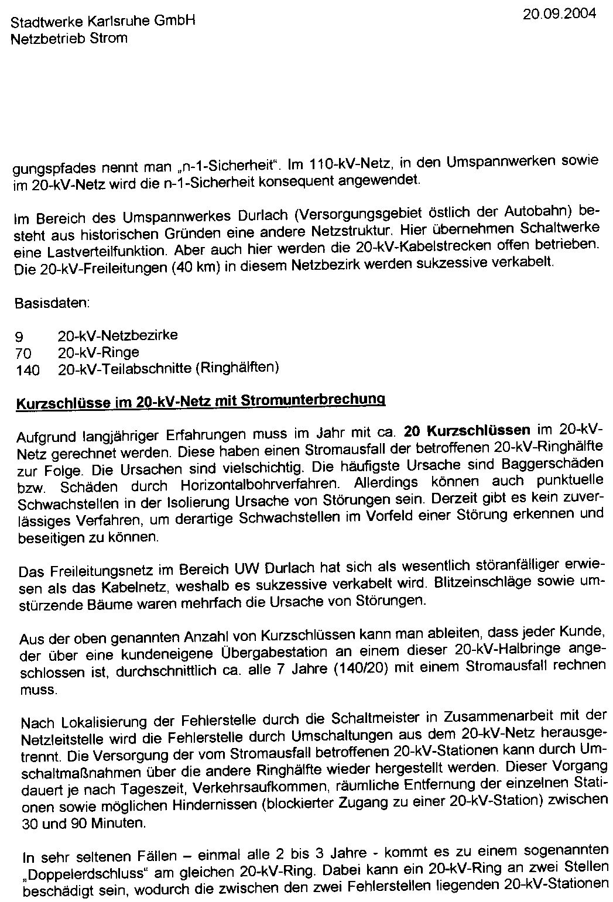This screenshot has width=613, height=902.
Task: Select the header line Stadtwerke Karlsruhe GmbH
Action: pyautogui.click(x=103, y=23)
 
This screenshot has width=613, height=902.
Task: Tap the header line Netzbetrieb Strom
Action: pyautogui.click(x=69, y=39)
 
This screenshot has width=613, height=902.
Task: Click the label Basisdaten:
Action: pyautogui.click(x=52, y=304)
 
